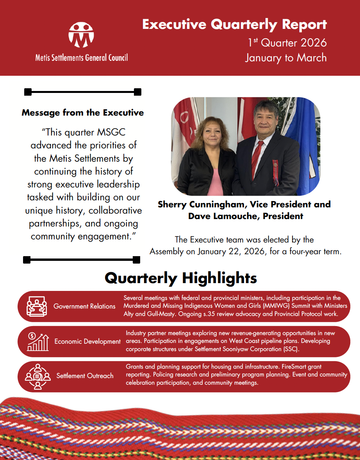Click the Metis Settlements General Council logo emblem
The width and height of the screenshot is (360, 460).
click(x=81, y=35)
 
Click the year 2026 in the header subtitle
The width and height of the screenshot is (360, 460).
click(x=311, y=42)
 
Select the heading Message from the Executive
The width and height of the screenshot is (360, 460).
click(x=83, y=113)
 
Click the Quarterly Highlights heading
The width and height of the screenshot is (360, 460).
click(x=181, y=278)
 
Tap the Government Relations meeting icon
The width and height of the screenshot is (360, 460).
click(x=36, y=306)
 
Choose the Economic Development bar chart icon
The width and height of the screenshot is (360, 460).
click(x=37, y=341)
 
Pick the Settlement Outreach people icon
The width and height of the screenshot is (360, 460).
click(x=37, y=376)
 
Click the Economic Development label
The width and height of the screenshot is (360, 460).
click(x=87, y=342)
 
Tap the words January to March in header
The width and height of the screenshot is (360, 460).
click(x=286, y=58)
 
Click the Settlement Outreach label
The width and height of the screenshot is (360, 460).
click(x=85, y=376)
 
